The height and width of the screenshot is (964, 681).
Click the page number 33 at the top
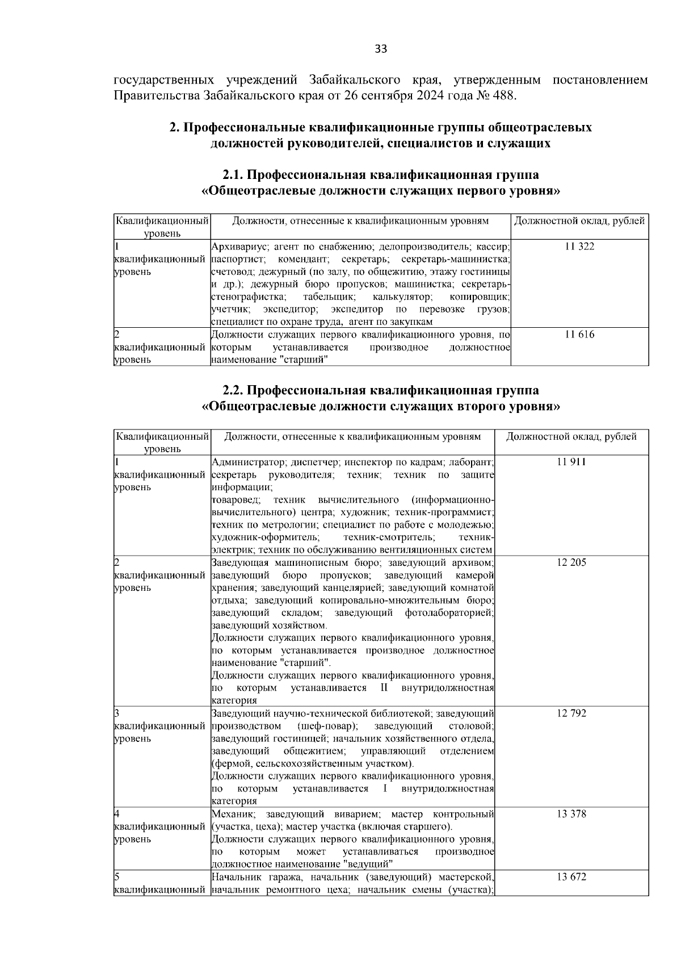point(381,49)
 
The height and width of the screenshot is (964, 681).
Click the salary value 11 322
point(579,247)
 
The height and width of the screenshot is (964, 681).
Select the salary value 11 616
point(579,335)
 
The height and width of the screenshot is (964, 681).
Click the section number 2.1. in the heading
point(233,174)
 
